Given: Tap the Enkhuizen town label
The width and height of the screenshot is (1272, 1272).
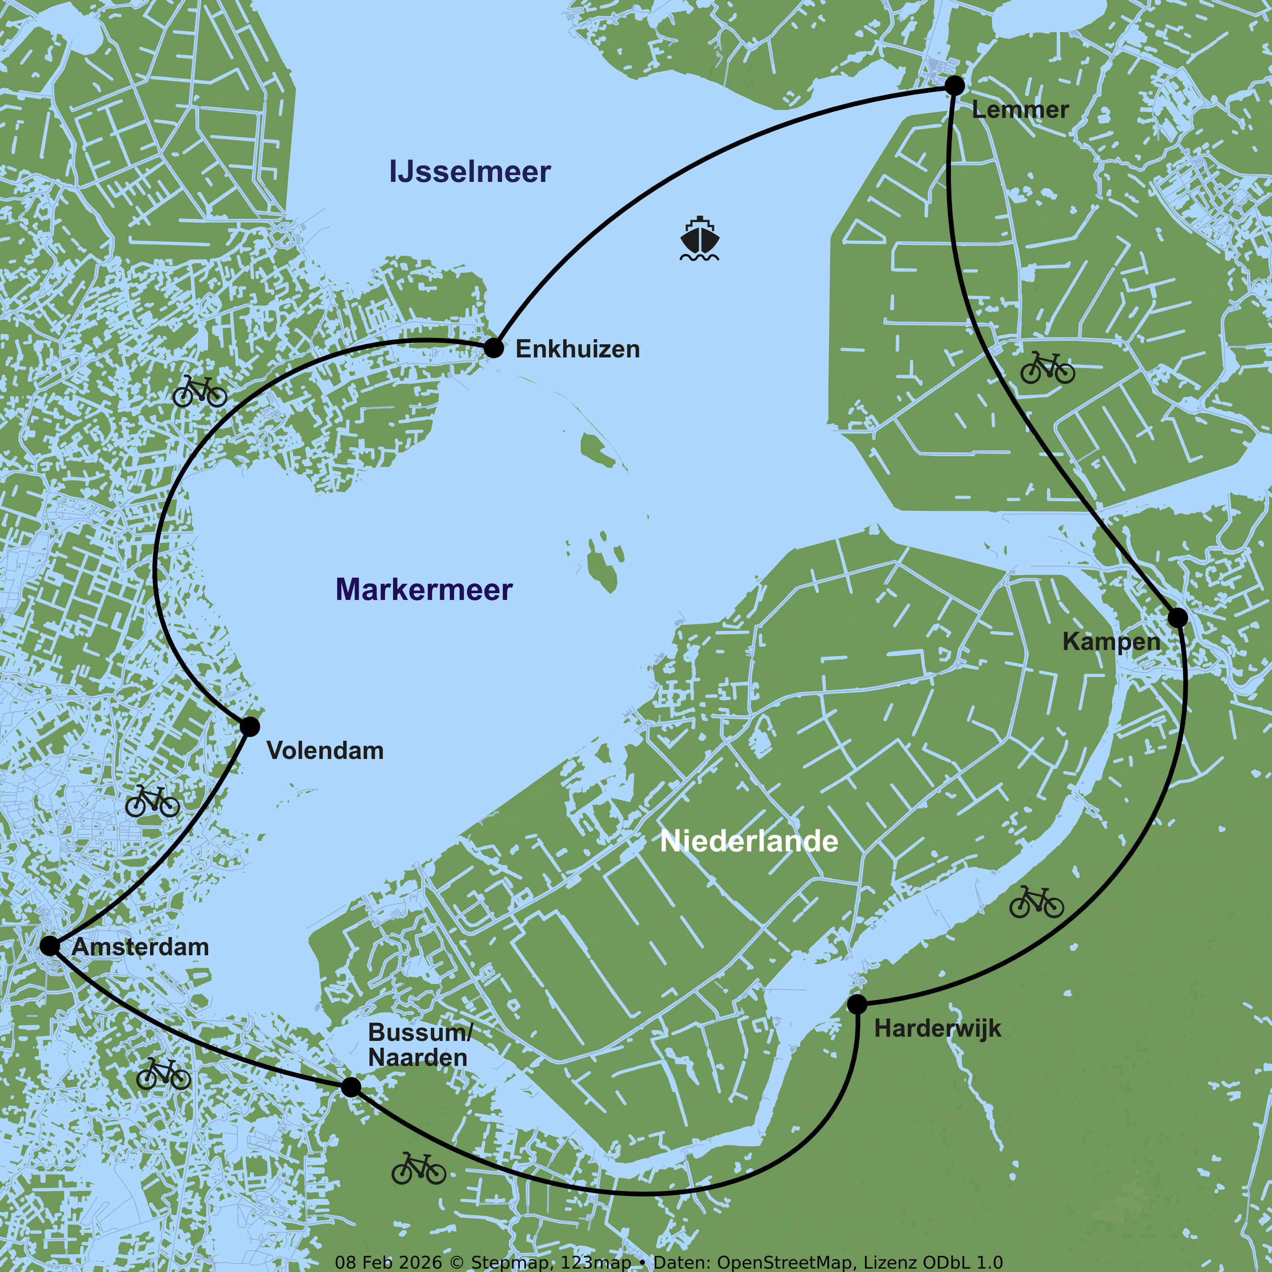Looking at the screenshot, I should coord(577,349).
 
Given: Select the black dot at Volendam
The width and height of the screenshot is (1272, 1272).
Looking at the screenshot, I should coord(250,727).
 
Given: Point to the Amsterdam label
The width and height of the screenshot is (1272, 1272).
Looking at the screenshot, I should coord(140,947).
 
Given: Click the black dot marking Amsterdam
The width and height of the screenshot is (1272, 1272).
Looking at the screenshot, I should coord(49,946).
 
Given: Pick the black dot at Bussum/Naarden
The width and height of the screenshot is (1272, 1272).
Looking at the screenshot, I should coord(351,1087).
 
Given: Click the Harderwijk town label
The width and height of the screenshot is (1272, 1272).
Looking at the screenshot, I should coord(937,1028).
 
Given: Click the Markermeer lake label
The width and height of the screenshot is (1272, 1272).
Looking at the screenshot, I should coord(424,589).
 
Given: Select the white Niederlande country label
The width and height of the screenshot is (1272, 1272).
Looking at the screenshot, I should coord(749,841).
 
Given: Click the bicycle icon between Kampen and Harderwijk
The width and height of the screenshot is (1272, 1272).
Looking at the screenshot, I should coord(1036,902).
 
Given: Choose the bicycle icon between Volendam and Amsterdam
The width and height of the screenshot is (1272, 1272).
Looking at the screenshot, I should coord(152,801).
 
